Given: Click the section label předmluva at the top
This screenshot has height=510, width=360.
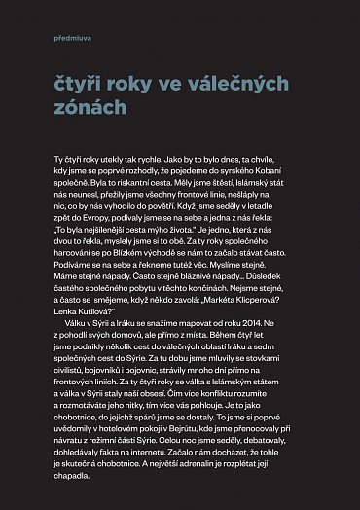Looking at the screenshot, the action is [68, 38].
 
